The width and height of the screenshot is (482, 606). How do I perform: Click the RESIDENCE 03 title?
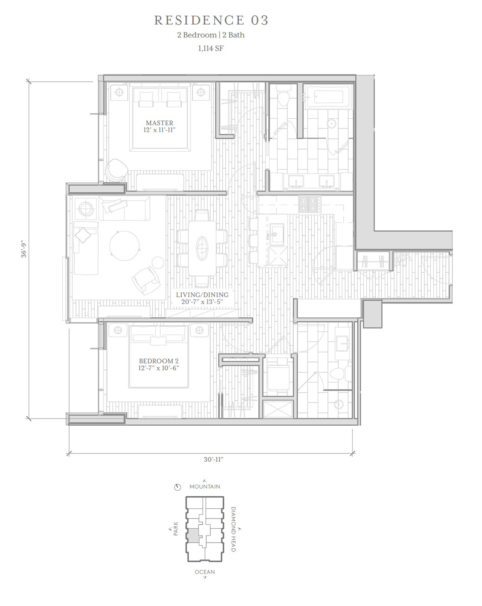(x=211, y=20)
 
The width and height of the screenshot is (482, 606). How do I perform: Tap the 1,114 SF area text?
(x=211, y=49)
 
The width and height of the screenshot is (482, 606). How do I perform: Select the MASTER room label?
(x=160, y=123)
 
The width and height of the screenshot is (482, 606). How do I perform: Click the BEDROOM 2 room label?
(x=158, y=361)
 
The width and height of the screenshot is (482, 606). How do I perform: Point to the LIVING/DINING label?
(x=202, y=295)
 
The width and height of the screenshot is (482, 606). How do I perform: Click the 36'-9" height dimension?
(x=24, y=249)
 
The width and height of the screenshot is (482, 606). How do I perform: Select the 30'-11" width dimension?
(x=213, y=459)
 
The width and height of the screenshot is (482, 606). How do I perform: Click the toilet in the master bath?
(x=284, y=95)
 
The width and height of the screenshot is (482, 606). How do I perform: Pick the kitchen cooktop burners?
(x=310, y=204)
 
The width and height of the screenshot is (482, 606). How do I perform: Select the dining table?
(x=202, y=249)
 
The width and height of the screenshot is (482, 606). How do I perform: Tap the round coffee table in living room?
(x=124, y=245)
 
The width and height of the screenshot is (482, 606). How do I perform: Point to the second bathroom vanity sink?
(x=343, y=343)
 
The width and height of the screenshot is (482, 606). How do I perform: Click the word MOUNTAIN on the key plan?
(x=205, y=486)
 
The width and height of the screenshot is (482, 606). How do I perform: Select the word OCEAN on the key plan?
(x=205, y=572)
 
